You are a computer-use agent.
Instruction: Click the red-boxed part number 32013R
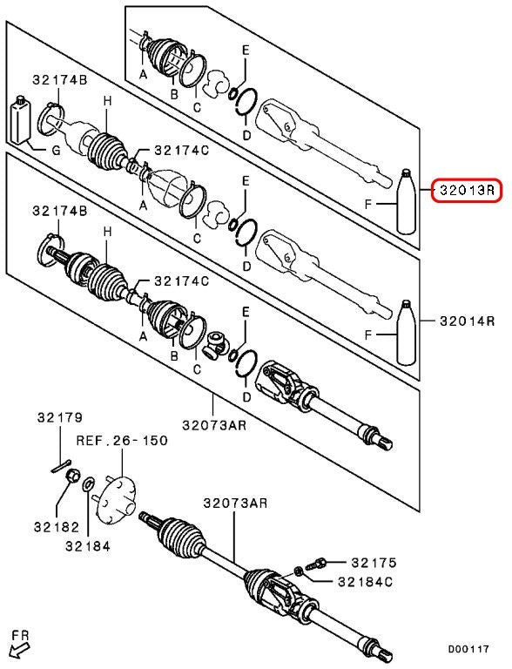(x=467, y=190)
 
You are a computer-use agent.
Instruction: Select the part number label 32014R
(x=467, y=321)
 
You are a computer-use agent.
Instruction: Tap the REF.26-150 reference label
(x=122, y=440)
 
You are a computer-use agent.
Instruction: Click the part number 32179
(x=60, y=417)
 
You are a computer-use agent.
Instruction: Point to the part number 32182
(x=57, y=527)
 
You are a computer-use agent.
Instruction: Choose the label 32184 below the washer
(x=88, y=545)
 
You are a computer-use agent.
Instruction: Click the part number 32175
(x=374, y=563)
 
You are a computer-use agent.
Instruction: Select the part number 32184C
(x=365, y=582)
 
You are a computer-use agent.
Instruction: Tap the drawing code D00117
(x=468, y=649)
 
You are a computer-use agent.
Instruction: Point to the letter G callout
(x=56, y=150)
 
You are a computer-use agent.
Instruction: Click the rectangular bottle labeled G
(x=19, y=120)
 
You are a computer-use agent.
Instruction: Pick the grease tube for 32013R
(x=406, y=201)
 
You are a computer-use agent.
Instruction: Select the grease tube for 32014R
(x=406, y=333)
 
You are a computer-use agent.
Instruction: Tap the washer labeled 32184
(x=89, y=483)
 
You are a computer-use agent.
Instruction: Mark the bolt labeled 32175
(x=319, y=564)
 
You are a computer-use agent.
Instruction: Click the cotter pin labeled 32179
(x=61, y=467)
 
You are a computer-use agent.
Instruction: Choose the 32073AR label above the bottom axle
(x=235, y=503)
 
